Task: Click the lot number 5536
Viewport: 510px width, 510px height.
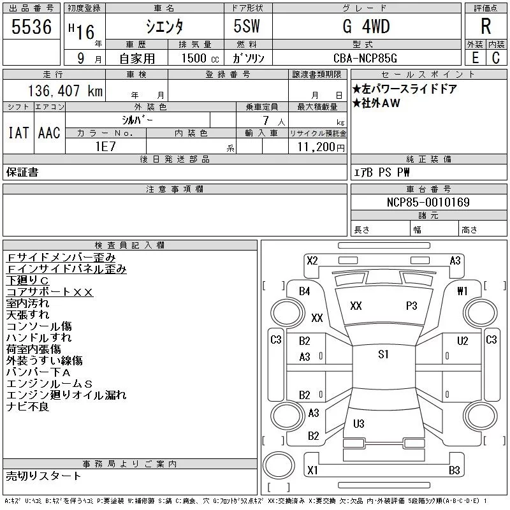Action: click(32, 27)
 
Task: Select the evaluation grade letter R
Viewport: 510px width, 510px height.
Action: click(486, 27)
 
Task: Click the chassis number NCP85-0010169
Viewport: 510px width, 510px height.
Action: click(428, 203)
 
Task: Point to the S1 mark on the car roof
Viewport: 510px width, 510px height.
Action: click(383, 355)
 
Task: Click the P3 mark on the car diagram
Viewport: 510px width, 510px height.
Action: click(411, 306)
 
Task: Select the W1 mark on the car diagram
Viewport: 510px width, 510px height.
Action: click(462, 291)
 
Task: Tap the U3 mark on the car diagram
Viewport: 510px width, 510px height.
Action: click(358, 423)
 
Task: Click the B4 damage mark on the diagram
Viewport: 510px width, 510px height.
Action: click(305, 291)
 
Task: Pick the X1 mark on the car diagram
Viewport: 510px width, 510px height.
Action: click(312, 470)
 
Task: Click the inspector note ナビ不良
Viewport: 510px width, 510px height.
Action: click(27, 407)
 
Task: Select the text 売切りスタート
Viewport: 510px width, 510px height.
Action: click(43, 476)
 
